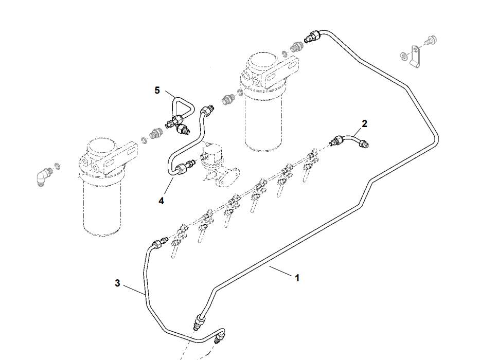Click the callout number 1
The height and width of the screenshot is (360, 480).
pos(297,278)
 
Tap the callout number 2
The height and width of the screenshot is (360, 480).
pos(364,123)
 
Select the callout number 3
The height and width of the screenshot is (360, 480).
pos(117,283)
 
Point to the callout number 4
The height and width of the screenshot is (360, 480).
pos(161,201)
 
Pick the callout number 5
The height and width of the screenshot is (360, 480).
pos(157,91)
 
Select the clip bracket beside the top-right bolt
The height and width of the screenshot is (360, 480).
pos(414,56)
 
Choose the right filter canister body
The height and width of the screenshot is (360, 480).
pos(263,118)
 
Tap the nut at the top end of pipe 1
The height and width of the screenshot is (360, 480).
pos(313,36)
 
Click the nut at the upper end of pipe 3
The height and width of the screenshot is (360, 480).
pos(155,244)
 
